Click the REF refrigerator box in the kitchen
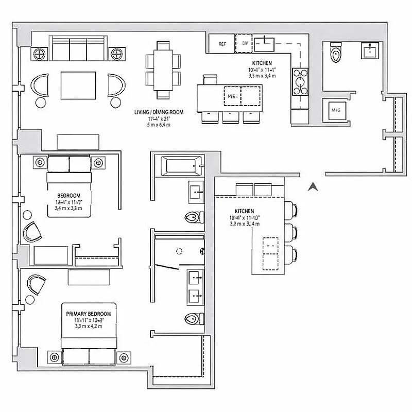(x=222, y=44)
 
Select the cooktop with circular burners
(x=299, y=81)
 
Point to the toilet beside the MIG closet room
(x=336, y=51)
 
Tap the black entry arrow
(x=311, y=187)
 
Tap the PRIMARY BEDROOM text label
(x=88, y=313)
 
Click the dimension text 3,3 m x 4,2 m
(x=88, y=326)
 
